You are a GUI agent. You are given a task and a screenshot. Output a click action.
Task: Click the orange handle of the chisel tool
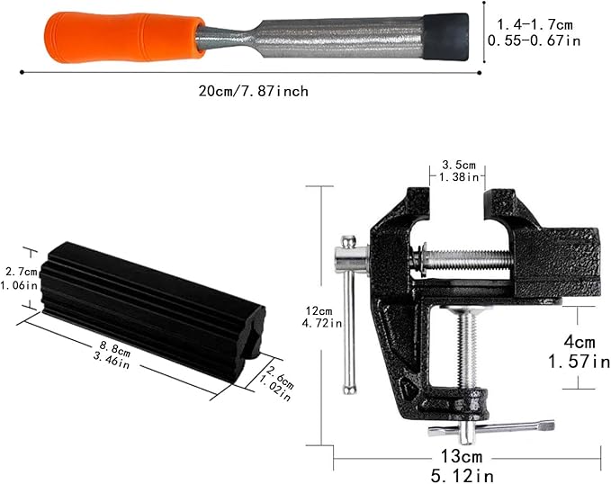[x=124, y=37]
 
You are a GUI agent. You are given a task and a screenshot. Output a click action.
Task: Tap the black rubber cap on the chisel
[x=445, y=37]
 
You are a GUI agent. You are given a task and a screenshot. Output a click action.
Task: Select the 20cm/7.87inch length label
[x=253, y=91]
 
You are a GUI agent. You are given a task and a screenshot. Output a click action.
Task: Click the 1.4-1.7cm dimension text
[x=535, y=25]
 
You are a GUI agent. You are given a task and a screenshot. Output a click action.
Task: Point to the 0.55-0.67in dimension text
[x=534, y=40]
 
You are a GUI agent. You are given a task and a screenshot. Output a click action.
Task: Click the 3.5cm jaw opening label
[x=459, y=165]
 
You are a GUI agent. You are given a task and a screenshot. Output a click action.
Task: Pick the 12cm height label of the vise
[x=319, y=311]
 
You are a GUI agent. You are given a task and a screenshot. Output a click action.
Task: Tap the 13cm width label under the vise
[x=462, y=456]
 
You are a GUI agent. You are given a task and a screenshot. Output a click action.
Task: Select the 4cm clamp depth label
[x=580, y=342]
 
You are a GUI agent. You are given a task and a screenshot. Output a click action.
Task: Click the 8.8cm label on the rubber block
[x=115, y=347]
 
